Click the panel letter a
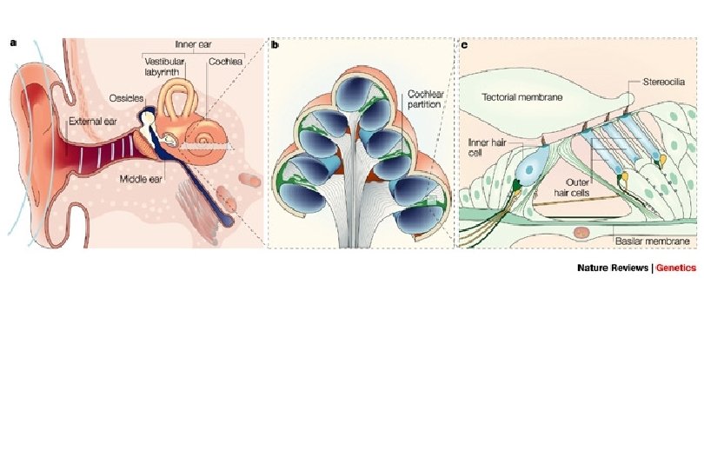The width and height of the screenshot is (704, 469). (12, 44)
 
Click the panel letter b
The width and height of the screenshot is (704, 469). (275, 44)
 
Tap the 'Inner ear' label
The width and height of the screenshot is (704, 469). (192, 43)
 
